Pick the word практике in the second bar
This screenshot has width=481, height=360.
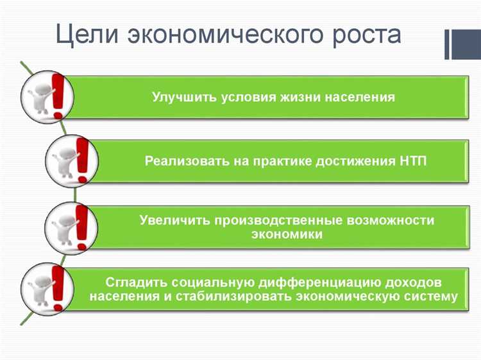point(282,160)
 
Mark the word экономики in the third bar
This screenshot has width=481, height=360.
point(287,235)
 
